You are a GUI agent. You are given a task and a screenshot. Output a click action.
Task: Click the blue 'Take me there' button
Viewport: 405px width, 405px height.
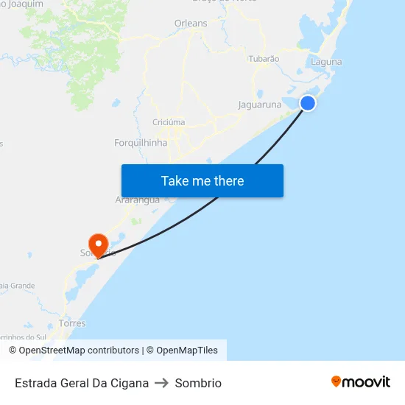[x=202, y=180]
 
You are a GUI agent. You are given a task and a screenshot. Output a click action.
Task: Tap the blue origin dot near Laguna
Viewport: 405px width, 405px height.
[x=308, y=103]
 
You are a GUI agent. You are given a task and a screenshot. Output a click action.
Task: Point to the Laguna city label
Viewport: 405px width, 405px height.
[x=326, y=62]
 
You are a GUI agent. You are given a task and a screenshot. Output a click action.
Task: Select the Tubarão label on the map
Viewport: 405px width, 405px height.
[x=264, y=58]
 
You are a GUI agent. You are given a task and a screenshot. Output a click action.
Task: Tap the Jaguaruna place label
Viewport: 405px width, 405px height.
[x=260, y=105]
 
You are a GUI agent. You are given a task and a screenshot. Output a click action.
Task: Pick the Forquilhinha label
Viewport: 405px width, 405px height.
[x=141, y=143]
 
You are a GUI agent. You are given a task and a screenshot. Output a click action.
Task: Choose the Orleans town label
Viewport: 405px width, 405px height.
[x=191, y=24]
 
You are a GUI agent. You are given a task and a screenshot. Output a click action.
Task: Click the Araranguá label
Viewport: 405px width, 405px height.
[x=138, y=200]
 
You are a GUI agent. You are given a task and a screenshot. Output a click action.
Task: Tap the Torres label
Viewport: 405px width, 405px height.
[x=72, y=323]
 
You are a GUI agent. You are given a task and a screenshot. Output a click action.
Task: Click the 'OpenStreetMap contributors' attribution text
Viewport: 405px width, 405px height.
[x=79, y=351]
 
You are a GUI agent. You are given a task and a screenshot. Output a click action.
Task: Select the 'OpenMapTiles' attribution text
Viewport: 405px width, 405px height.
[x=187, y=351]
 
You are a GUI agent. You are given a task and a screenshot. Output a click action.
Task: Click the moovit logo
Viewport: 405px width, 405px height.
[x=361, y=381]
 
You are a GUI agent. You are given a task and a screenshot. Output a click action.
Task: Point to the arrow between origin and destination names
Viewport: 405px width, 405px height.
[x=162, y=383]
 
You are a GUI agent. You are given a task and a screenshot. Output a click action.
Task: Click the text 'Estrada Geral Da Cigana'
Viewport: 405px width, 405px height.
[x=82, y=383]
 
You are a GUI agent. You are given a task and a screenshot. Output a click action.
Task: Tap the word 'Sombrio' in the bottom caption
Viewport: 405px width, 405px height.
[x=198, y=383]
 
